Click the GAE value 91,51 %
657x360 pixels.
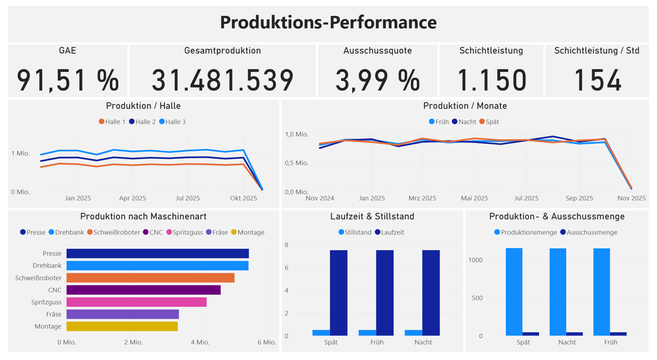pyautogui.click(x=68, y=80)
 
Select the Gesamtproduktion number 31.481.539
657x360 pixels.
pyautogui.click(x=222, y=80)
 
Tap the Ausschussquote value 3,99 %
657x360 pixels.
pyautogui.click(x=377, y=80)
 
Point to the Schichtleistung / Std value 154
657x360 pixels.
pyautogui.click(x=597, y=80)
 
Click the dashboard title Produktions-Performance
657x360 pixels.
pyautogui.click(x=328, y=22)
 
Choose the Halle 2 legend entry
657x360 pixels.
pyautogui.click(x=142, y=122)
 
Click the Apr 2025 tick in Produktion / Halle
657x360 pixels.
pyautogui.click(x=133, y=198)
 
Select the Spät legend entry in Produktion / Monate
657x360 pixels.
pyautogui.click(x=489, y=122)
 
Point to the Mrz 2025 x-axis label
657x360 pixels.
pyautogui.click(x=422, y=198)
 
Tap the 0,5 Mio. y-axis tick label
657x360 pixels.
pyautogui.click(x=297, y=163)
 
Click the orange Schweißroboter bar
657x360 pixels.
pyautogui.click(x=150, y=278)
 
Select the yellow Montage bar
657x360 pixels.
pyautogui.click(x=122, y=326)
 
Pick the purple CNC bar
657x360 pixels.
pyautogui.click(x=143, y=290)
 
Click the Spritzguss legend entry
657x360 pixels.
pyautogui.click(x=185, y=232)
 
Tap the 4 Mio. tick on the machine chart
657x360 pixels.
pyautogui.click(x=200, y=342)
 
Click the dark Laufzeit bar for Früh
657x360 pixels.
pyautogui.click(x=385, y=293)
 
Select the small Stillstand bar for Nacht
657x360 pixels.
pyautogui.click(x=413, y=333)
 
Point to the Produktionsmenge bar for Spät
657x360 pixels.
pyautogui.click(x=514, y=292)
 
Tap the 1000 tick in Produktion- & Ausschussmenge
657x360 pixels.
pyautogui.click(x=475, y=260)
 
